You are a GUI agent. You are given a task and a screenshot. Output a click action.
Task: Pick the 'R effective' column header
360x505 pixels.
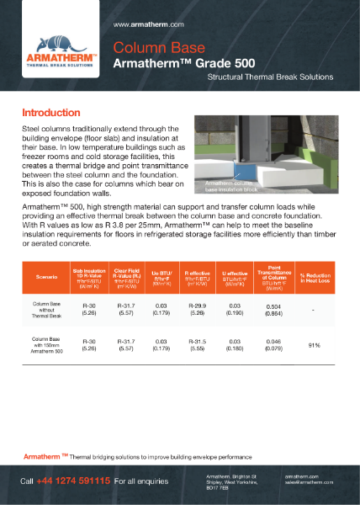pyautogui.click(x=202, y=274)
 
